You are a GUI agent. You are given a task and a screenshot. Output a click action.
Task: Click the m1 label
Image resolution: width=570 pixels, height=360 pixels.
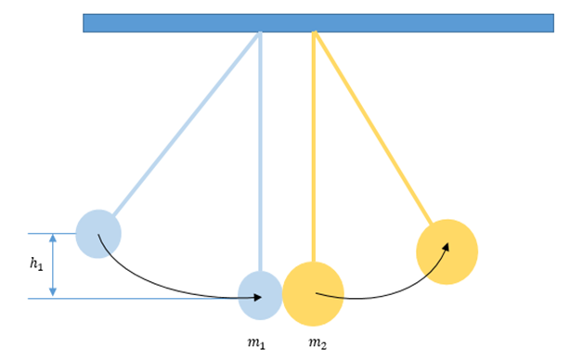coord(256,343)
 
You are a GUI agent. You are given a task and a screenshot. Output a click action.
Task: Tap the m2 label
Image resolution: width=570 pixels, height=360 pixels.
coord(317,343)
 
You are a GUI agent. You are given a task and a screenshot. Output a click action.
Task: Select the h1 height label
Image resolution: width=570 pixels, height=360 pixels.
coord(36,264)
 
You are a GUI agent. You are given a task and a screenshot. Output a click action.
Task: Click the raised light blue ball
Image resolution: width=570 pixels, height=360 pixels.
coord(98,234)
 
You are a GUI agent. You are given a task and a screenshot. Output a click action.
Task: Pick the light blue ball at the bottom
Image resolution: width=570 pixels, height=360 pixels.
coord(260,295)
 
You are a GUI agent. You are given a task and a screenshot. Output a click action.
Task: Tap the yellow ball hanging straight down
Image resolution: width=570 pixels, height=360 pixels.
coord(314,294)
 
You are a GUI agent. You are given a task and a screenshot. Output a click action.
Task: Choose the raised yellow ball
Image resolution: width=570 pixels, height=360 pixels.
coord(447,251)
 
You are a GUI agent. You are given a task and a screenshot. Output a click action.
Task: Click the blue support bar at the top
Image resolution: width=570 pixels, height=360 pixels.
coord(318,23)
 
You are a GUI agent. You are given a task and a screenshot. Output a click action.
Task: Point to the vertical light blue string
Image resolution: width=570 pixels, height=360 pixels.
coord(260,151)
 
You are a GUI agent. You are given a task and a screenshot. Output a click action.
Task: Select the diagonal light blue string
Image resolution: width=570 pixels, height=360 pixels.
coord(186,124)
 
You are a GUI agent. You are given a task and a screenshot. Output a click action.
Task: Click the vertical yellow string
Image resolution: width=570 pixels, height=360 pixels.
coord(314,147)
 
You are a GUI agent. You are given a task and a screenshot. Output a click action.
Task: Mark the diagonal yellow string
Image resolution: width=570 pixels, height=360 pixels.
coord(373,128)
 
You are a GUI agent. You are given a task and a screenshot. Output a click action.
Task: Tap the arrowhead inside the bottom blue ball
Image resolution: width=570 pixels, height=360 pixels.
coord(257,298)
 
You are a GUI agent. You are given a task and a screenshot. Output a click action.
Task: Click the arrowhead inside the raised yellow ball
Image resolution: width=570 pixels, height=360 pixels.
coord(446,247)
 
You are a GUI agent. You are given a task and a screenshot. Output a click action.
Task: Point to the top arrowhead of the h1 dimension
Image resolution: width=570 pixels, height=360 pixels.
coord(53,238)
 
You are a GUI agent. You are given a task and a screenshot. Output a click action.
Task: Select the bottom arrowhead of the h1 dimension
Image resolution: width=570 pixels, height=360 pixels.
coord(53,292)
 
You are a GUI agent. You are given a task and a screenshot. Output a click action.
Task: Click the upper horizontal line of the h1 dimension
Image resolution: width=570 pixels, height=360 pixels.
coord(52,234)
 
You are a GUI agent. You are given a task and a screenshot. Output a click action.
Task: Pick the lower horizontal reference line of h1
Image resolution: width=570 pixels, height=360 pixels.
coord(133,299)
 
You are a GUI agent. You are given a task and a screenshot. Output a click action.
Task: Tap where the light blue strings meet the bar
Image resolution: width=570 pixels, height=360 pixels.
coord(260,32)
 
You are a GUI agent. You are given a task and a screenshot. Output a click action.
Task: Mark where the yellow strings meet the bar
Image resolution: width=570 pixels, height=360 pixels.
coord(314,32)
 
